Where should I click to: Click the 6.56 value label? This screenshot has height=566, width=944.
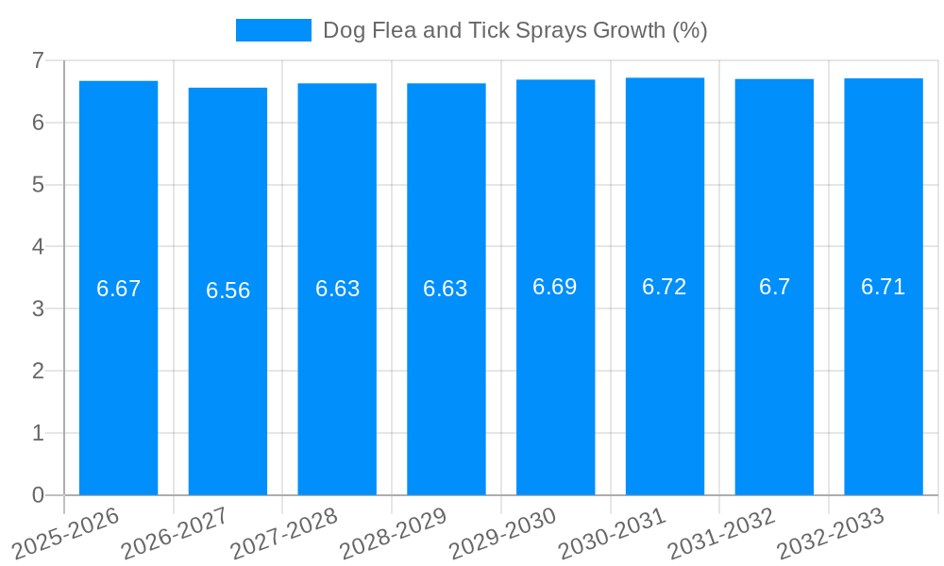point(228,291)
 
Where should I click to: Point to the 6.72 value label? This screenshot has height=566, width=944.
point(665,287)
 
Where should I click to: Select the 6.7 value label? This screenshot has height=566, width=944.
point(774,287)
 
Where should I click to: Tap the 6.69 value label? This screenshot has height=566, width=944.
point(555,287)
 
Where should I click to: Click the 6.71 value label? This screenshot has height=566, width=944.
point(884,287)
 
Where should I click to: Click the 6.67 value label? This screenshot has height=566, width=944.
point(118,289)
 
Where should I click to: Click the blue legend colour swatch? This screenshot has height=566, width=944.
point(273,30)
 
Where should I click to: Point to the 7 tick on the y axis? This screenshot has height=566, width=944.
point(38,60)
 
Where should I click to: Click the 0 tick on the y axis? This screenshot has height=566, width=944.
point(38,495)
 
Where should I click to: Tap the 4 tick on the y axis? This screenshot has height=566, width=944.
point(38,247)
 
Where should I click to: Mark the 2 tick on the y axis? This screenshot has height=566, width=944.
point(38,371)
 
